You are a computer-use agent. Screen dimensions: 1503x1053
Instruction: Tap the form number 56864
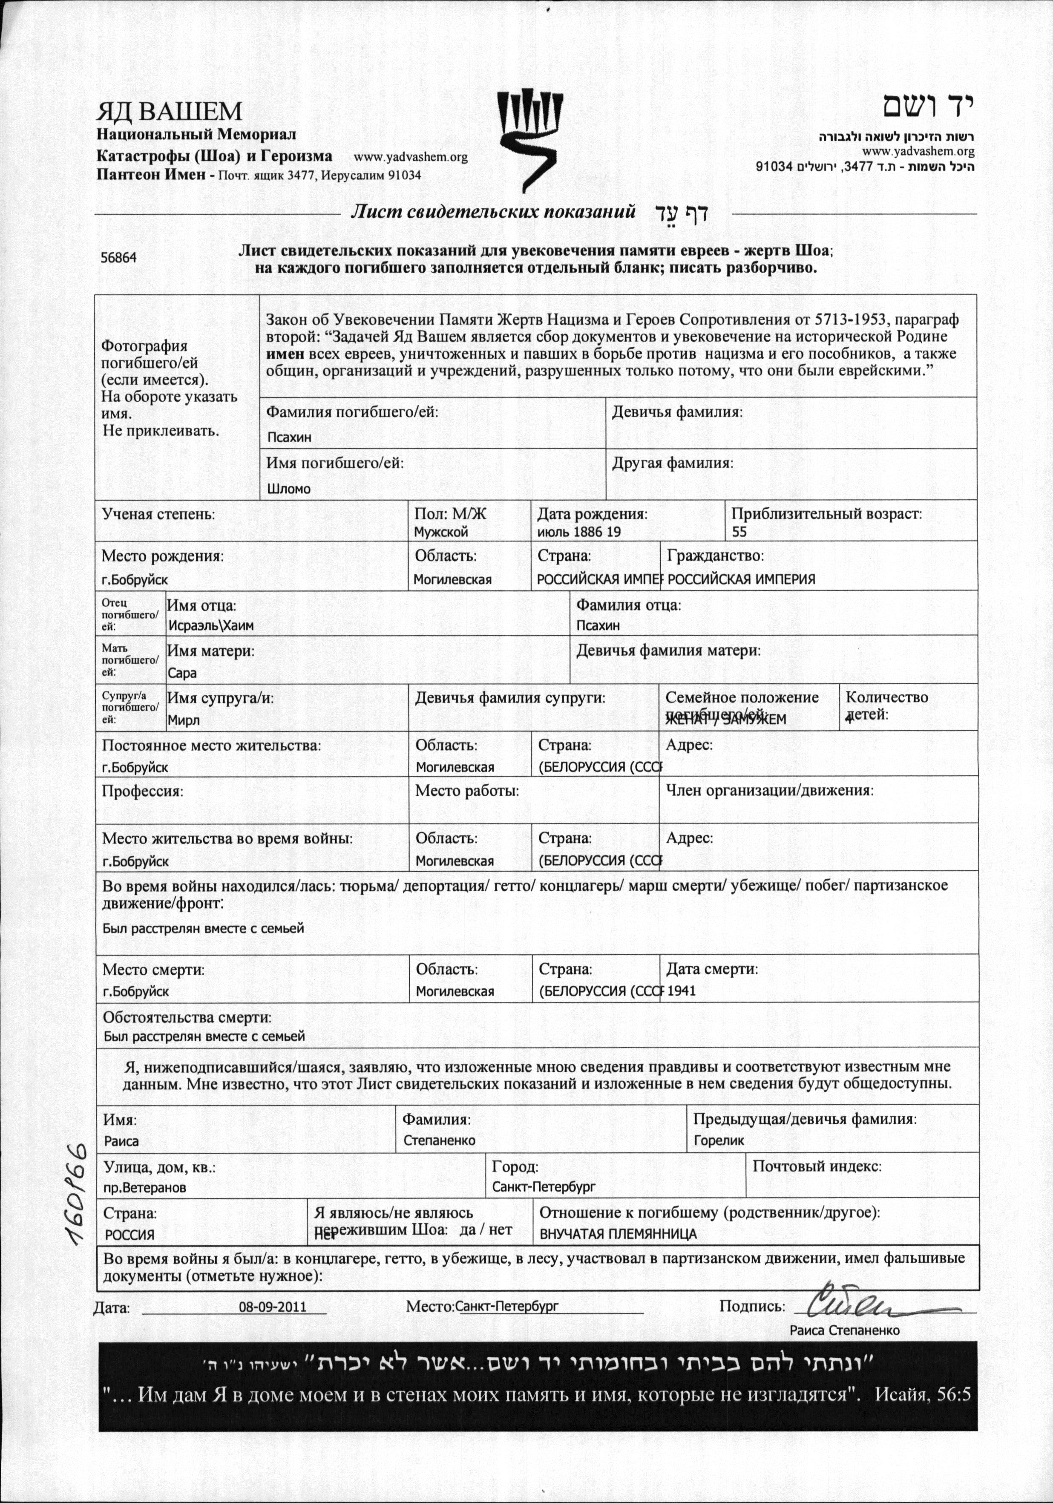tap(118, 258)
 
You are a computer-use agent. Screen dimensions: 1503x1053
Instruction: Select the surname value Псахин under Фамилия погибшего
tap(289, 437)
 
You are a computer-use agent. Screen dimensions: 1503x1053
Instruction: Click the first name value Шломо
tap(289, 489)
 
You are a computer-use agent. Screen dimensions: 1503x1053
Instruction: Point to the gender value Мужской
tap(441, 532)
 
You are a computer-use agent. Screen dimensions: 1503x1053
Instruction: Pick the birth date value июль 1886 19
tap(578, 532)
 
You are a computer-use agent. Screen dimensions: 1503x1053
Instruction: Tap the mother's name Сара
tap(182, 673)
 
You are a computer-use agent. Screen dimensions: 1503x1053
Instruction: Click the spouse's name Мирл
tap(184, 720)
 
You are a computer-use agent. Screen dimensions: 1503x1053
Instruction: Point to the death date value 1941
tap(681, 991)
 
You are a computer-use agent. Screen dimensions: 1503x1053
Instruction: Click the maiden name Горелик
tap(719, 1140)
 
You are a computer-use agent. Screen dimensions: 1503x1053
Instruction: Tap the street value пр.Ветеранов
tap(145, 1187)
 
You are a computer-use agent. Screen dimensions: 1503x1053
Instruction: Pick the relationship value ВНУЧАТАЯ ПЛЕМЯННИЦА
tap(618, 1235)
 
